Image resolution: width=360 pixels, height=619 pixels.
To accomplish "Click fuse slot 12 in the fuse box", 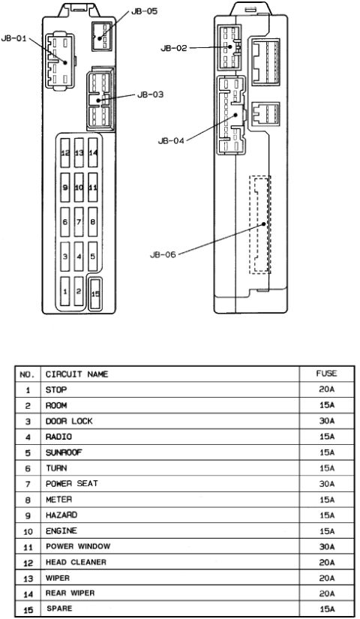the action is tap(65, 152).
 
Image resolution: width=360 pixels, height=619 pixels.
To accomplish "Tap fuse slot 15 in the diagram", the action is tap(95, 293).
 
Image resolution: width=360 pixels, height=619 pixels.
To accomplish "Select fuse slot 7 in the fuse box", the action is tap(79, 222).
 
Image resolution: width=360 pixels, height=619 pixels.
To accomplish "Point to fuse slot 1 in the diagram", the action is tap(65, 292).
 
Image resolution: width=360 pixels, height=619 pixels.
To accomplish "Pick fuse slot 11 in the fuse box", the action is tap(93, 187).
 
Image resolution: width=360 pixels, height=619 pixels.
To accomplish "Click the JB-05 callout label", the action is tap(144, 11).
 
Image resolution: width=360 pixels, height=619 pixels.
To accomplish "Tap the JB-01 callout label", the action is tap(13, 38).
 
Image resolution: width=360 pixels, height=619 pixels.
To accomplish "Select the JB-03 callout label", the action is tap(150, 95).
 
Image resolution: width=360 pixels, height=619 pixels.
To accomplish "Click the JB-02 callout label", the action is tap(174, 48).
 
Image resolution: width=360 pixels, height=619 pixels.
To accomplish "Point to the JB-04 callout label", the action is tap(171, 140).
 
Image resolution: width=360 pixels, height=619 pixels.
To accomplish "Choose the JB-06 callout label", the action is tap(163, 254).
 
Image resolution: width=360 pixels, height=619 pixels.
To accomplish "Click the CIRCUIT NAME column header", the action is tap(76, 374).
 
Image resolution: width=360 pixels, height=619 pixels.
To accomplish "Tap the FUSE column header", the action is tap(326, 374).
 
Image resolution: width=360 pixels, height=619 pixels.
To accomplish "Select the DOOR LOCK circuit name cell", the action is tap(69, 421).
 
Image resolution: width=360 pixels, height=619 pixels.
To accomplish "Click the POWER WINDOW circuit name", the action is tap(78, 546).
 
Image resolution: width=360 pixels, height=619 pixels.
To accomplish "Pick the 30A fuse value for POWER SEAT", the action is tap(327, 484).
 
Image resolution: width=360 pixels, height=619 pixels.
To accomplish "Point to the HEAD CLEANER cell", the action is tap(76, 562).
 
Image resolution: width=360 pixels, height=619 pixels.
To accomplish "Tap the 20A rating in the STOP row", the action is tap(327, 389).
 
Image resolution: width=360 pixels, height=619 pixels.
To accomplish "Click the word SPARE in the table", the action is tap(59, 608).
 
